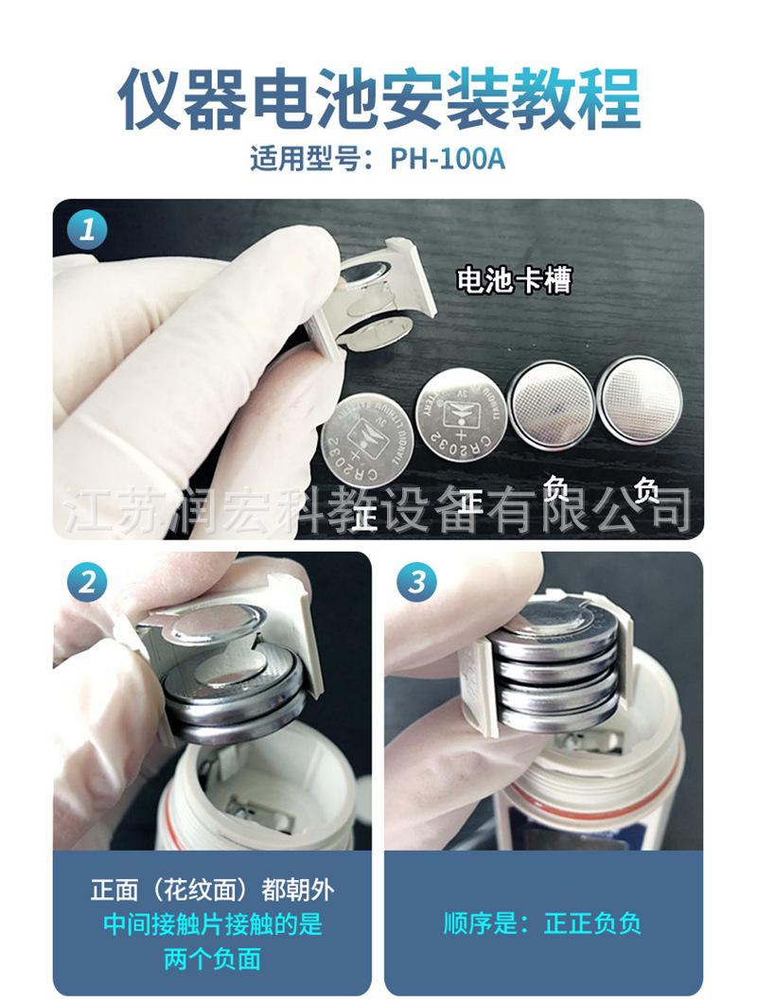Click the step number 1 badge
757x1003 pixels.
coord(87,230)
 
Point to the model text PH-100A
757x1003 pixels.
coord(448,158)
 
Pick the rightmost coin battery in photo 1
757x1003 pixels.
coord(640,398)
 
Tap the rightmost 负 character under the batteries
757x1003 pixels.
coord(645,490)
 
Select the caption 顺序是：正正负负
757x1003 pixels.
coord(543,924)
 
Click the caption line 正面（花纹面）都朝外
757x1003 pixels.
coord(212,890)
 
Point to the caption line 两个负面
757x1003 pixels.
coord(212,959)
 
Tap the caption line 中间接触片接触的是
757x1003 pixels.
coord(212,924)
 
